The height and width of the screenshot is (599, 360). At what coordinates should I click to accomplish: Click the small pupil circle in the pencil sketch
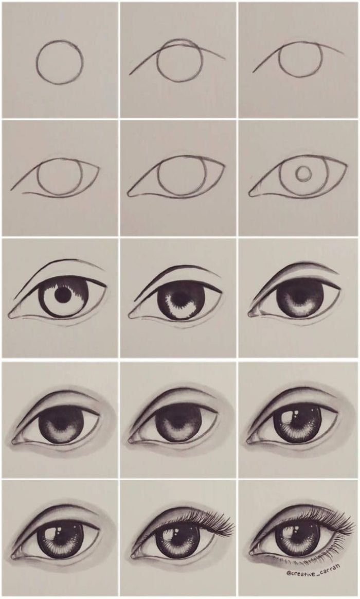tap(303, 174)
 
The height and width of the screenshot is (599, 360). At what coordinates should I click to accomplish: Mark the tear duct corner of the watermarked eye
tap(253, 552)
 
